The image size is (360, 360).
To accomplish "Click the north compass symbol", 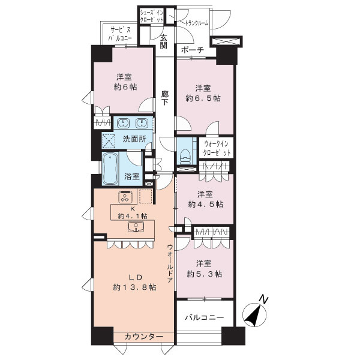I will pos(256,314).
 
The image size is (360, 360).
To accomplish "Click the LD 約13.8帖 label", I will pos(136,282).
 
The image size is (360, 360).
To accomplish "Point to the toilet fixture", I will pos(184,152).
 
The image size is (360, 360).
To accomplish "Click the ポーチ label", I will pos(192,50).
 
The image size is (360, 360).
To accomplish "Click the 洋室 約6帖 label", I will pos(125,82).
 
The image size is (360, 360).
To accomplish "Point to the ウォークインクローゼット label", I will pos(218,149).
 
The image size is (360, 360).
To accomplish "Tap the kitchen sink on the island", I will pos(136,227).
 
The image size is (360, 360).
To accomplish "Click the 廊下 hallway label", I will pos(164,98).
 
